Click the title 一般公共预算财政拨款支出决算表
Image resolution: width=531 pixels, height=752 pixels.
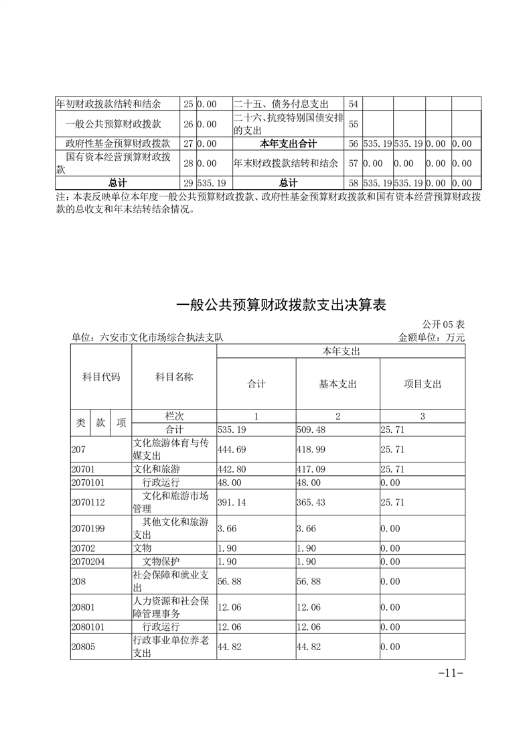(x=281, y=305)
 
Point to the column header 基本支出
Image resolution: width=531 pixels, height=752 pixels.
(x=337, y=384)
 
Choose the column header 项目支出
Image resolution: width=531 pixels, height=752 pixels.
(x=423, y=384)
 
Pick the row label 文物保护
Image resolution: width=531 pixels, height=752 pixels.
(x=161, y=561)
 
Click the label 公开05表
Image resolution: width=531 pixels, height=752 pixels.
(x=444, y=325)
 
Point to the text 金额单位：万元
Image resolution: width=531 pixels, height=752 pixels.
(x=431, y=338)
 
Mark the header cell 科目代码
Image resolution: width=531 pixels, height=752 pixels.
(x=101, y=377)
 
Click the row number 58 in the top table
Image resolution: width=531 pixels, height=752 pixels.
(x=354, y=182)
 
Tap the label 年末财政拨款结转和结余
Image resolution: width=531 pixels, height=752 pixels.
(x=286, y=163)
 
